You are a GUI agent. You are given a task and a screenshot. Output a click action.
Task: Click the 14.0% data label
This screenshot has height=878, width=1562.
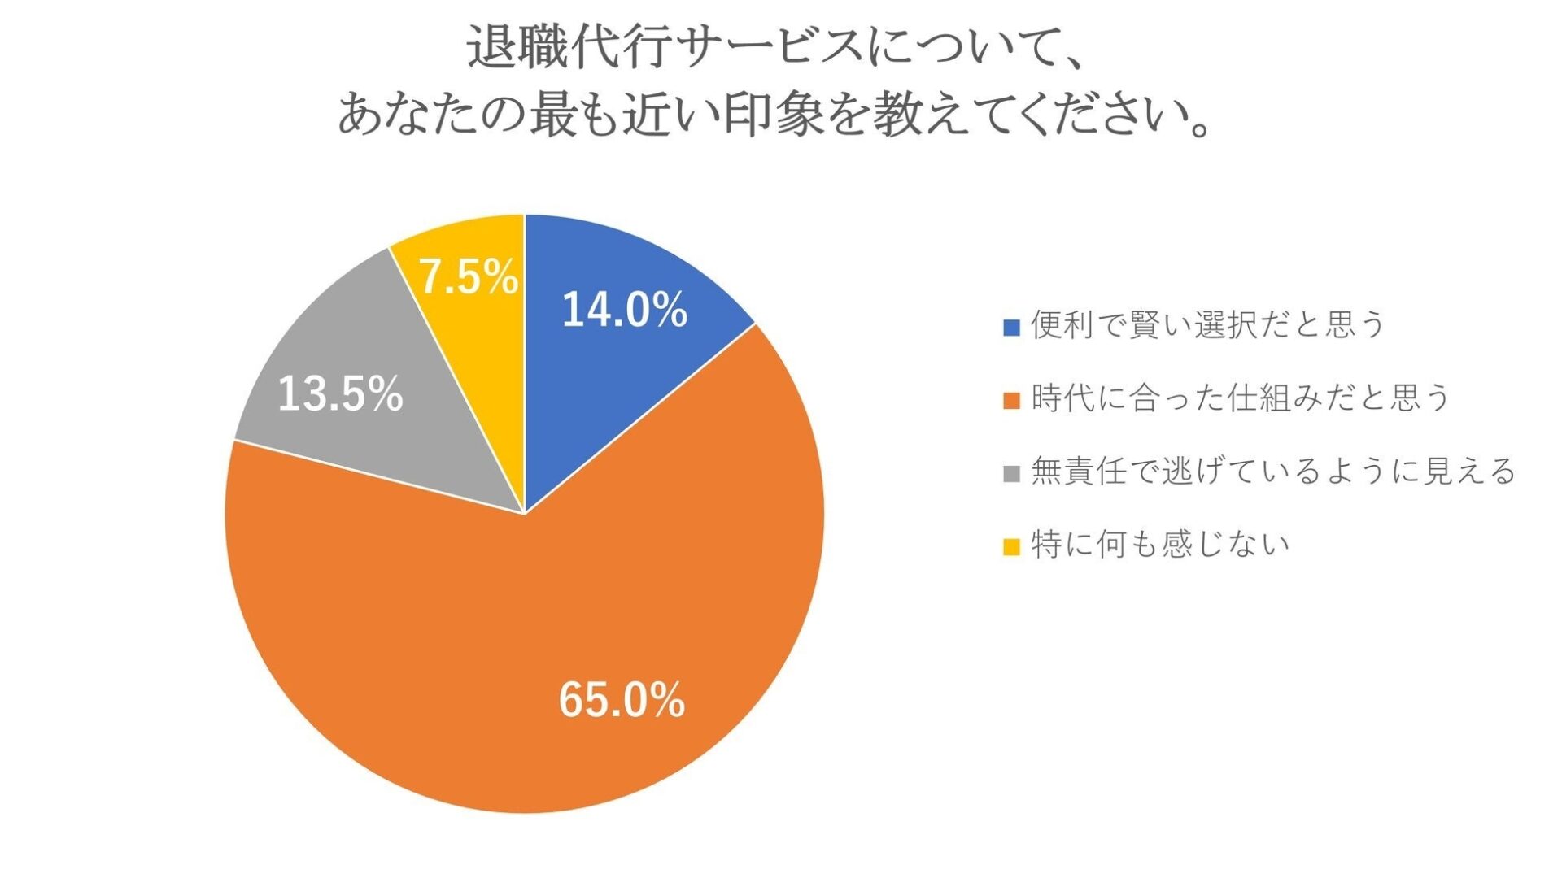624,311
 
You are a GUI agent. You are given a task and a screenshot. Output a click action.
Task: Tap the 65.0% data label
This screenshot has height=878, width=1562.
622,700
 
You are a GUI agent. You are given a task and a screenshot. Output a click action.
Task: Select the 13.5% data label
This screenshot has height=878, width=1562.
340,395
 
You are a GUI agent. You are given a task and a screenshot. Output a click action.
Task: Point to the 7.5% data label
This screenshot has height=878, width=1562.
468,277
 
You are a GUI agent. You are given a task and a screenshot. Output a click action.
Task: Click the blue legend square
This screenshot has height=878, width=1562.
1011,328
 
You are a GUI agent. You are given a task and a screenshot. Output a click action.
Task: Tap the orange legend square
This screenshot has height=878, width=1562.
1011,401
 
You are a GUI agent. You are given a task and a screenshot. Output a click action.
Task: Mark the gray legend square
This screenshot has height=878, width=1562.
1011,474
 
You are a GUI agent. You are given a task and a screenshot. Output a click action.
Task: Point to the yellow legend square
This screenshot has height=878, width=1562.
1011,547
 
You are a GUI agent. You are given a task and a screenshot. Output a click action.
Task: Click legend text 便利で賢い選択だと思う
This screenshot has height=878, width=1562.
1207,325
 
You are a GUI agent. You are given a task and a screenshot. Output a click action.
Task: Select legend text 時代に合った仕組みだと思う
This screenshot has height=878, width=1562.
1241,398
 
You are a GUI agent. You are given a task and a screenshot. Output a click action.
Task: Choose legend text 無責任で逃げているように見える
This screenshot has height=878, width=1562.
1273,472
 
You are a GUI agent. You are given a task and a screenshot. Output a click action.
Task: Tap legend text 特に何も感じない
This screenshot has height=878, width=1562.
1160,545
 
